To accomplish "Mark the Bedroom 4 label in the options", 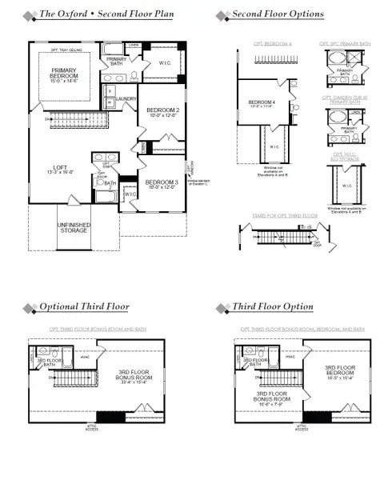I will pos(262,102).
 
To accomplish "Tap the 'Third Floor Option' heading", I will pos(272,307).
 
